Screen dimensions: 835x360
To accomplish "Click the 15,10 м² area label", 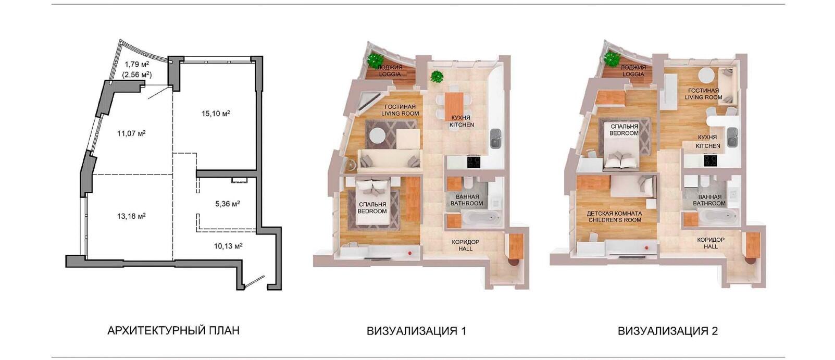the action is [216, 113].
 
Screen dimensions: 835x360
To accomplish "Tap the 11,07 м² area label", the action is [131, 133].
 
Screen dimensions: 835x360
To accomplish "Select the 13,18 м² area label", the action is [131, 216].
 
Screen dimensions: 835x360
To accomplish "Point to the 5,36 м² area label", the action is [228, 204].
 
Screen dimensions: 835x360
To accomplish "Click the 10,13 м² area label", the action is [228, 246].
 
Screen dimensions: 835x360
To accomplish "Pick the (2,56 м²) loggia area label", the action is [137, 75].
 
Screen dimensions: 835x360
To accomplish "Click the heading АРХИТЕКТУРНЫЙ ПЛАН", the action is [173, 330].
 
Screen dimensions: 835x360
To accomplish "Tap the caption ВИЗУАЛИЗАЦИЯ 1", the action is [416, 330].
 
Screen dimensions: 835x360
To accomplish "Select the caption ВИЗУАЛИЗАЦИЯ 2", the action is [668, 330].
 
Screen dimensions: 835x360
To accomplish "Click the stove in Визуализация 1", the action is [474, 162].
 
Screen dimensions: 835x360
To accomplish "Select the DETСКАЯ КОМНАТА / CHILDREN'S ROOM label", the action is [614, 217].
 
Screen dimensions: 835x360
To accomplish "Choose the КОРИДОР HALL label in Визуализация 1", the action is [465, 245].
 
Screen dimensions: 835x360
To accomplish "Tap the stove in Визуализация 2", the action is [711, 160].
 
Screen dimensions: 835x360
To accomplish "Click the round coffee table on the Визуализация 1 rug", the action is [377, 135].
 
